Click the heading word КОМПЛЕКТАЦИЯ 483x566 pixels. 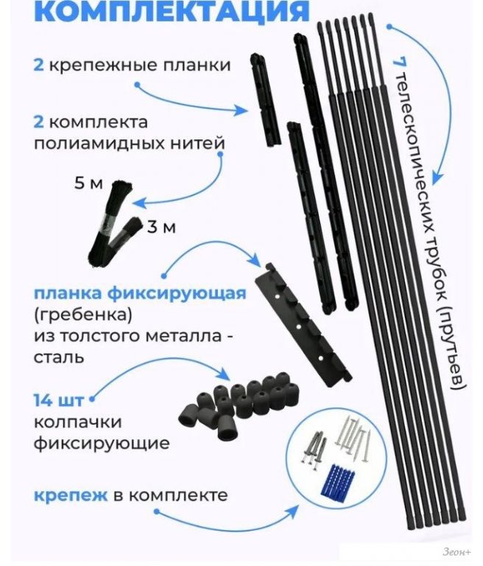point(172,11)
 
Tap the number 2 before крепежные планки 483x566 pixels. point(38,66)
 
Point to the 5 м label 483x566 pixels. point(88,184)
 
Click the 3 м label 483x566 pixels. point(161,228)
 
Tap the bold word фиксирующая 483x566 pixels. point(177,293)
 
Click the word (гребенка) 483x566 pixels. point(83,315)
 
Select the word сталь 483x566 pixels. point(59,357)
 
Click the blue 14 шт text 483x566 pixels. point(58,400)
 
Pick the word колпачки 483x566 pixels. point(77,422)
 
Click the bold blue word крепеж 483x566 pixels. point(71,495)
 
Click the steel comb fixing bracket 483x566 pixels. point(303,326)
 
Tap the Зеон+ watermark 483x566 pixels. point(456,552)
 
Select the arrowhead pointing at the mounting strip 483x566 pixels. point(241,110)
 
